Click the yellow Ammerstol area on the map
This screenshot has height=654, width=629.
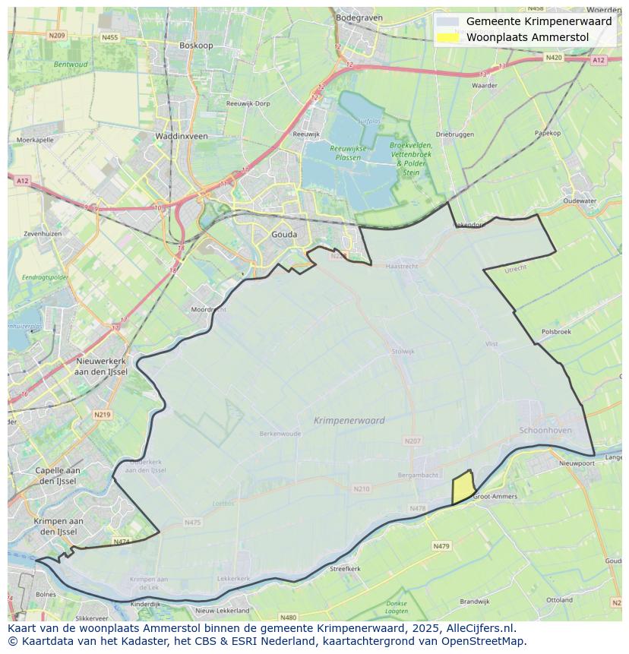coord(463,488)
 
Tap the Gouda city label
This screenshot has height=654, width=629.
coord(284,235)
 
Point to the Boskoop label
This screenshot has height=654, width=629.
coord(196,46)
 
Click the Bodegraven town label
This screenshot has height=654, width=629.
coord(357,17)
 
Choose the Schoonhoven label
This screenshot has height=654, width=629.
coord(545,430)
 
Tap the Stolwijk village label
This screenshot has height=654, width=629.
coord(403,352)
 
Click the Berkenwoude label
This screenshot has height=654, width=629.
coord(280,434)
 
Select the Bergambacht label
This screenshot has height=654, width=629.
coord(418,475)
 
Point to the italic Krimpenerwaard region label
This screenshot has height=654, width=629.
coord(349,420)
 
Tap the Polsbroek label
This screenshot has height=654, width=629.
coord(556,332)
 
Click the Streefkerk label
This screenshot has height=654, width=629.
coord(345,568)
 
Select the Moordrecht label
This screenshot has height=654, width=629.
coord(208,310)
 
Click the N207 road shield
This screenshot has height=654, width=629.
coord(412,441)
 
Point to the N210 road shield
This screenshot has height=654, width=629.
coord(362,488)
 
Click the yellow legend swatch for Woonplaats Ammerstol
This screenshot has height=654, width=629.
coord(449,37)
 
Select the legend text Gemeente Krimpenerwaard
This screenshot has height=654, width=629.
coord(539,21)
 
